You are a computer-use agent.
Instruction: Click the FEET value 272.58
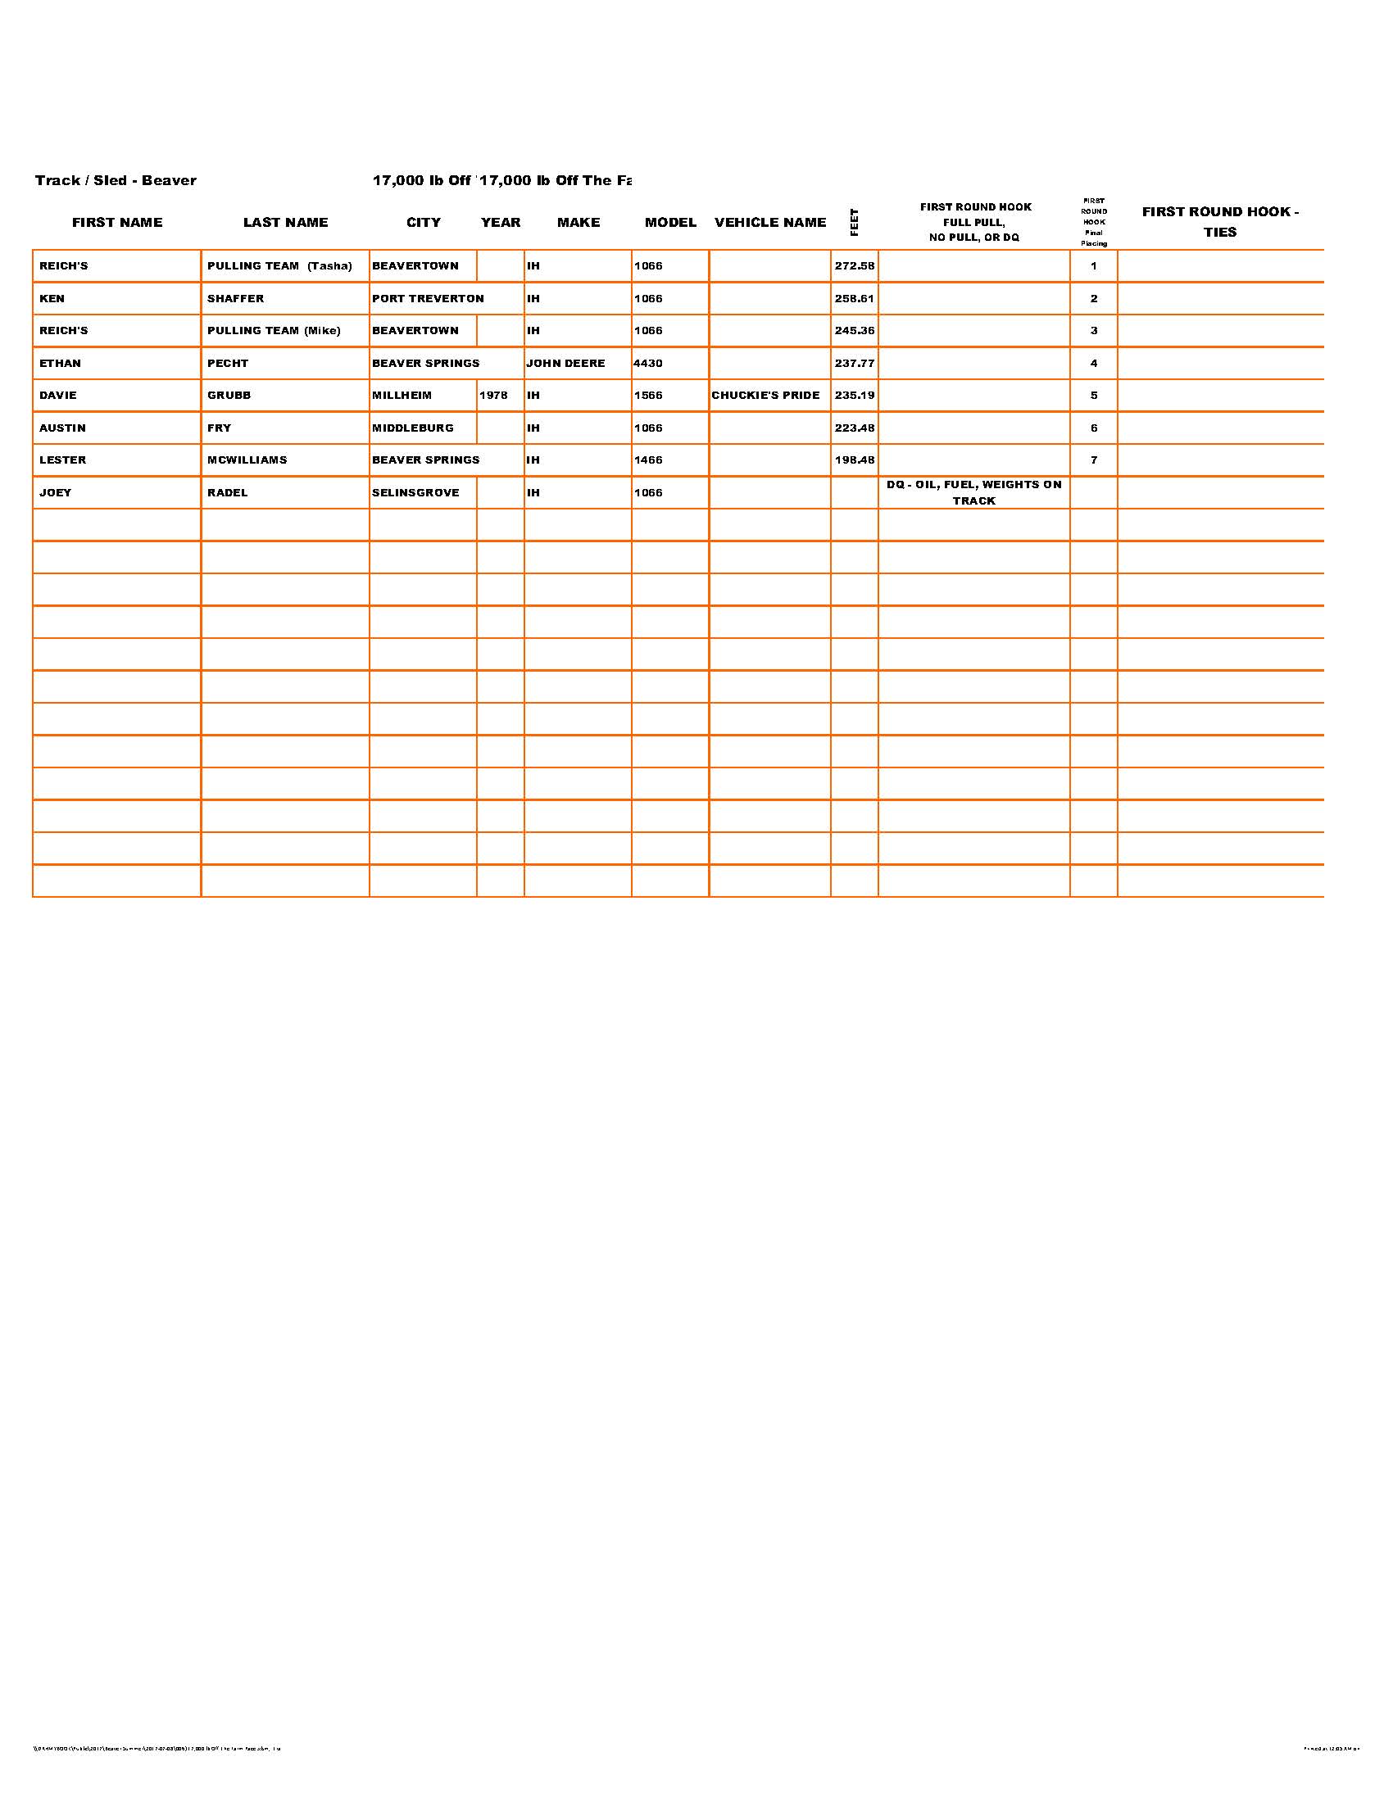tap(854, 266)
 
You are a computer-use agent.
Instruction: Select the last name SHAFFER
tap(235, 299)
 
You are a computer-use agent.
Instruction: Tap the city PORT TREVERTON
tap(428, 299)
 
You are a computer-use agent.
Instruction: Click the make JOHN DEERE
tap(565, 363)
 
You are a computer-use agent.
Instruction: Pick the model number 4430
tap(648, 363)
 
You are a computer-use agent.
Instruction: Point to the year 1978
tap(493, 396)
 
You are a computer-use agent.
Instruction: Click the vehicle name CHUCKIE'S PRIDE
tap(765, 396)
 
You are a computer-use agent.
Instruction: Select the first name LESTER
tap(63, 460)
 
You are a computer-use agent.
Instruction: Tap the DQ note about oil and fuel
tap(973, 492)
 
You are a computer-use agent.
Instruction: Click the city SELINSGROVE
tap(415, 492)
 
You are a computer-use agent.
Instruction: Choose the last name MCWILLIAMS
tap(247, 460)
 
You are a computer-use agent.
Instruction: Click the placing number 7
tap(1093, 460)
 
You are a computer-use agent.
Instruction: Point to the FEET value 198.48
tap(854, 460)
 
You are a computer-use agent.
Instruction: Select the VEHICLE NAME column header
tap(770, 222)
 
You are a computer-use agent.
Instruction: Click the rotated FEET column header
tap(854, 222)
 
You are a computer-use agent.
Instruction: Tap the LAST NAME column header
tap(285, 222)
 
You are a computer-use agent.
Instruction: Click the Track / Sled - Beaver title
tap(116, 181)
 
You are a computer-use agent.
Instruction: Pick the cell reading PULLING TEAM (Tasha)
tap(279, 266)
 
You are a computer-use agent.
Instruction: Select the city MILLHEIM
tap(401, 396)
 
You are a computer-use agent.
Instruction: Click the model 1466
tap(648, 460)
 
